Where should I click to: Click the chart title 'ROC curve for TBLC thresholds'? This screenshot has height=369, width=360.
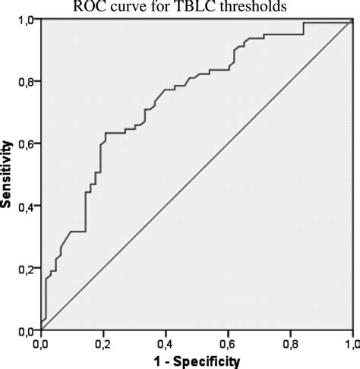coord(179,7)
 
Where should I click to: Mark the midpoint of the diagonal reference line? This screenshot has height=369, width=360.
coord(197,175)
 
